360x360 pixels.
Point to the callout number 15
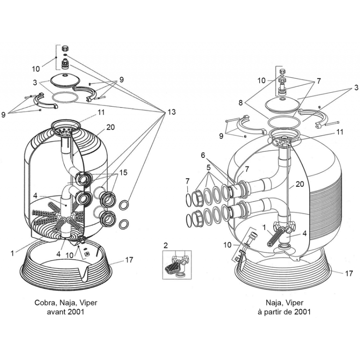point(123,172)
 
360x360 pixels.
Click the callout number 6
point(203,154)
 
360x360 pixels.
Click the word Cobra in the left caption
point(45,303)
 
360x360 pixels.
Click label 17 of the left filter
point(129,259)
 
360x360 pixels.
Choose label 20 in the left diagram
point(111,127)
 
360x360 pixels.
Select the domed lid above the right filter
point(283,103)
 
